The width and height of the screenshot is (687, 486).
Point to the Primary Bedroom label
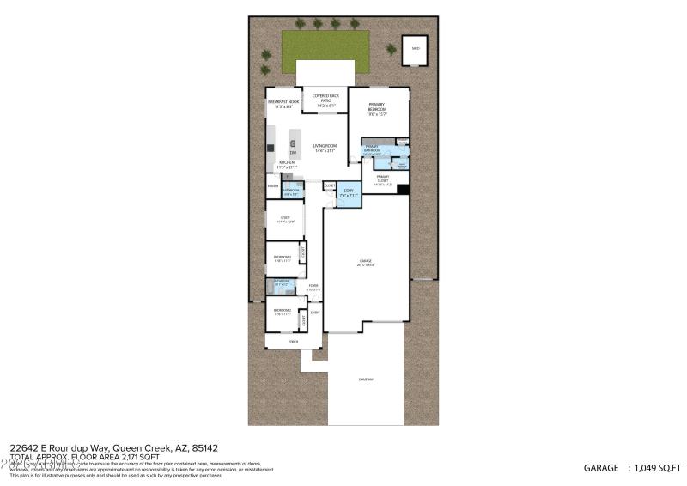(378, 107)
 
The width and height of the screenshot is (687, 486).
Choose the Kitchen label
(287, 162)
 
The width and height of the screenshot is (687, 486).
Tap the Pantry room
(273, 185)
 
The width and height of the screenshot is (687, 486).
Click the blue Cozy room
(349, 193)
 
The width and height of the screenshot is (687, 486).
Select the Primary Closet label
(382, 179)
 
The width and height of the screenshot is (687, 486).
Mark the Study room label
(284, 219)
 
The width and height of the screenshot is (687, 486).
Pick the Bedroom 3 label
(283, 258)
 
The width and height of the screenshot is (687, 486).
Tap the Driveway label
(366, 379)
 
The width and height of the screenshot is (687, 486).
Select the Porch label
(293, 341)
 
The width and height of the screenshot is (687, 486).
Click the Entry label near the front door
(315, 313)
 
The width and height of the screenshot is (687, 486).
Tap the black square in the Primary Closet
(402, 190)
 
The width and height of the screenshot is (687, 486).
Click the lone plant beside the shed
(391, 50)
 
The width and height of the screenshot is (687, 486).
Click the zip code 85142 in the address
(204, 447)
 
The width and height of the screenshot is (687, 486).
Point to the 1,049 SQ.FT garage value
(656, 468)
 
